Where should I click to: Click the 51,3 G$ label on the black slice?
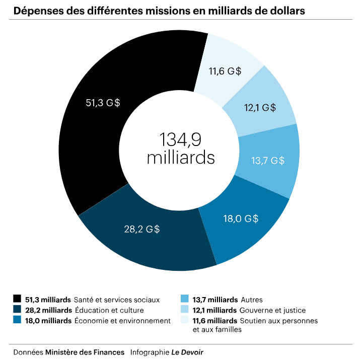point(103,103)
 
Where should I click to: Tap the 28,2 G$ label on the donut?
point(142,230)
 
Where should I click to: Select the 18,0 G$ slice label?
point(241,219)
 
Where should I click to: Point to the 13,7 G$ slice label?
point(267,161)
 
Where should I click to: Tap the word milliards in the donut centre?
point(181,158)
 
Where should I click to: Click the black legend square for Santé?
point(18,300)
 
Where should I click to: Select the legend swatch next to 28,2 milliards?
point(18,310)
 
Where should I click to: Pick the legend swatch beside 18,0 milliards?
point(18,321)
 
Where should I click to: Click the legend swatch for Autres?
point(184,300)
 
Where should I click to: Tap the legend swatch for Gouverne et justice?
point(184,310)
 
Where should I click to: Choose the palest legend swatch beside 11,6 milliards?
point(184,321)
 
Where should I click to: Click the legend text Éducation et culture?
point(109,310)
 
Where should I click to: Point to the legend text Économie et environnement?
point(122,321)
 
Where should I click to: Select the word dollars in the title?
point(284,11)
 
